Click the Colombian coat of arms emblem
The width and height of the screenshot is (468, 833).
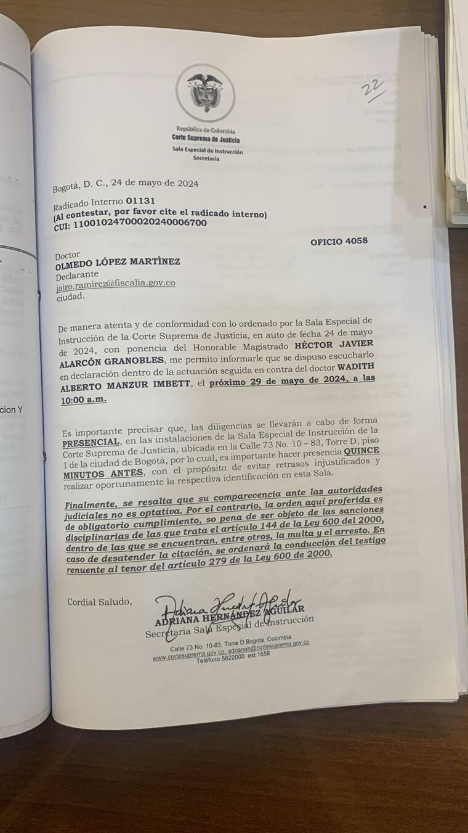pos(205,92)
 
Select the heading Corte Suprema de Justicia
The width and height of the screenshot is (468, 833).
pos(206,140)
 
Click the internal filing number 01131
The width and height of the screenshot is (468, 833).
pos(140,201)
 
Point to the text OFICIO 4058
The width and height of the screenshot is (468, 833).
pos(339,240)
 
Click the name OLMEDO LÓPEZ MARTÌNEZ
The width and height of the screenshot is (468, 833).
pos(118,261)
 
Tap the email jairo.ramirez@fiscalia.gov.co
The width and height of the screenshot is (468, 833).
pos(116,283)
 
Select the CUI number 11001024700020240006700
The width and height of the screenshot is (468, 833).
pos(140,223)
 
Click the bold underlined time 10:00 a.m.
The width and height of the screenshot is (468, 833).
pos(83,400)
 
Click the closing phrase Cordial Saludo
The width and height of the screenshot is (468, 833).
pos(99,602)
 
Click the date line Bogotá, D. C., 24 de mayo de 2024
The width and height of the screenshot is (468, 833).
pos(126,183)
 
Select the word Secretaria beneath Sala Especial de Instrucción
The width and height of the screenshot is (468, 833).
pos(206,158)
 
